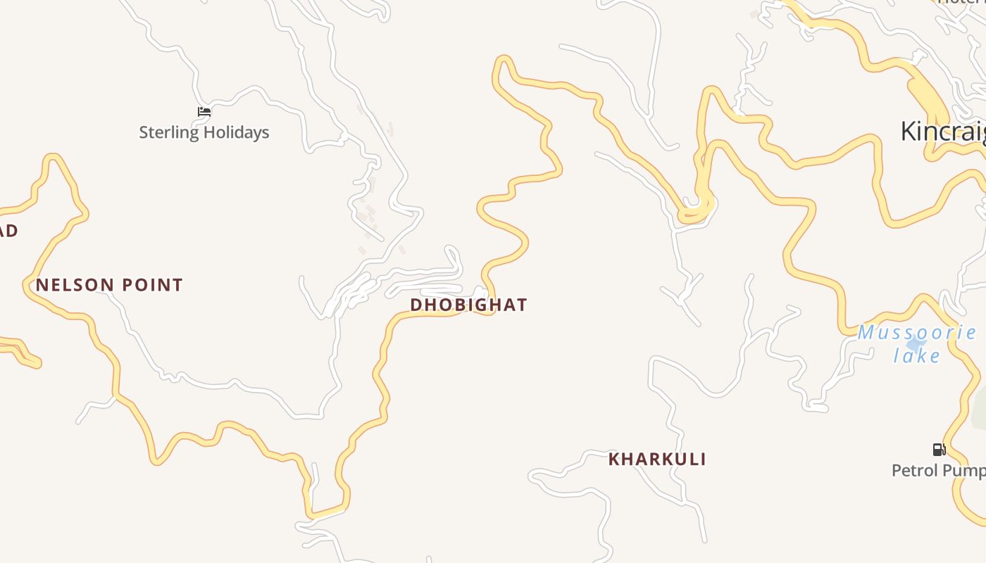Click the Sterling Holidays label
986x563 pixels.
[204, 132]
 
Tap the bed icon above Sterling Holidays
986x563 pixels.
[204, 111]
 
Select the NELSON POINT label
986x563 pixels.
[109, 285]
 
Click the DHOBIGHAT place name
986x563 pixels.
[468, 305]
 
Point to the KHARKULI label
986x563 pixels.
[657, 460]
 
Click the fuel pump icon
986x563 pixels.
[939, 449]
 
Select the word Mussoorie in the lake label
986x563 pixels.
[916, 332]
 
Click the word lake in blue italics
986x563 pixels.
[917, 356]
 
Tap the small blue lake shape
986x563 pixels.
[916, 344]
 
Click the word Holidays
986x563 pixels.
[237, 132]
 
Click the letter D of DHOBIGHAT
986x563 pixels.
[416, 305]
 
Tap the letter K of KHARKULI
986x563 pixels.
[613, 460]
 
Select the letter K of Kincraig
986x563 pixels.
[909, 132]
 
